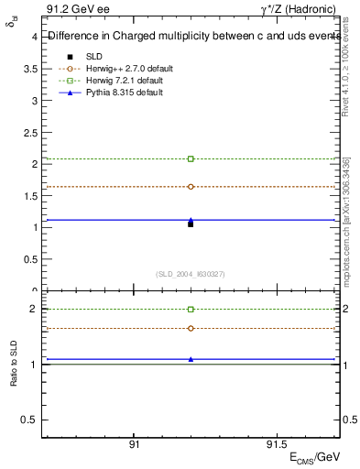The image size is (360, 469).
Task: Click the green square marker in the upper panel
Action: pyautogui.click(x=191, y=158)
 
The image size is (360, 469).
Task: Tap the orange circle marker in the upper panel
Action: pyautogui.click(x=191, y=186)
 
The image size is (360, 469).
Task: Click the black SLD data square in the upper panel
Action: pyautogui.click(x=191, y=224)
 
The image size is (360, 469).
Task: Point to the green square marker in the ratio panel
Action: pyautogui.click(x=191, y=310)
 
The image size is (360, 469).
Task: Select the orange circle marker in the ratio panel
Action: pyautogui.click(x=191, y=328)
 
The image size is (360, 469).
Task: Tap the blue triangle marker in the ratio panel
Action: pyautogui.click(x=191, y=358)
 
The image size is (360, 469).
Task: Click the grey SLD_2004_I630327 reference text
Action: pyautogui.click(x=191, y=274)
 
